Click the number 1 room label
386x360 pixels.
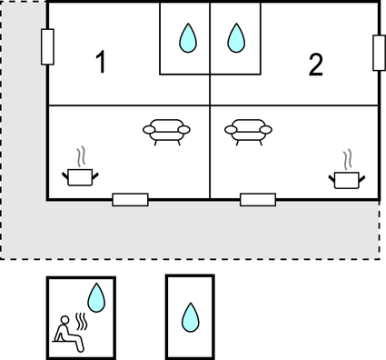tap(101, 62)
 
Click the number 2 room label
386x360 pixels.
tap(316, 65)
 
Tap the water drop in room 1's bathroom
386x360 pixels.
tap(188, 38)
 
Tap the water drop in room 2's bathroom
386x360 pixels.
tap(235, 38)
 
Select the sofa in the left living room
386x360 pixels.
tap(166, 132)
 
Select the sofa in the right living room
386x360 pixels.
tap(248, 132)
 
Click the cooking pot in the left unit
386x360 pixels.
tap(80, 177)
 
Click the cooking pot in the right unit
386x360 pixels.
tap(347, 180)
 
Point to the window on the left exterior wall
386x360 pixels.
tap(47, 47)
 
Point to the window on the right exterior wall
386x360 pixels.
tap(379, 53)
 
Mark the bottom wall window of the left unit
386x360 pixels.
tap(130, 200)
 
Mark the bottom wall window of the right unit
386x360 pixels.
tap(258, 200)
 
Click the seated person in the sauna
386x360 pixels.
tap(69, 334)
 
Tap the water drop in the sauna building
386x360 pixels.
tap(96, 298)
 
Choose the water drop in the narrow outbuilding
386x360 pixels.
tap(191, 317)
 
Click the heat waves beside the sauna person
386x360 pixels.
tap(81, 322)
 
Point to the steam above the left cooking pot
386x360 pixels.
tap(81, 157)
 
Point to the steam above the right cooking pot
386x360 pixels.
tap(348, 160)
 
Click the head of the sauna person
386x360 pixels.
tap(64, 320)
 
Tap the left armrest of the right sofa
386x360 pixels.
tap(231, 130)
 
